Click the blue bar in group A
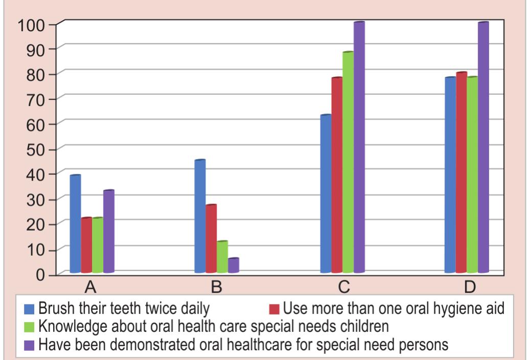click(x=75, y=223)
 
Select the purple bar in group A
click(x=108, y=231)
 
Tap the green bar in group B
click(x=222, y=257)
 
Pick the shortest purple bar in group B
click(x=233, y=265)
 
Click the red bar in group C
click(x=337, y=175)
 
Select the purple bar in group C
click(x=359, y=147)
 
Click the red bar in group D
click(x=461, y=172)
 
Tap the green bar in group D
click(x=472, y=174)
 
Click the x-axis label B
click(x=217, y=287)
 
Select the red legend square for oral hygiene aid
click(x=274, y=309)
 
